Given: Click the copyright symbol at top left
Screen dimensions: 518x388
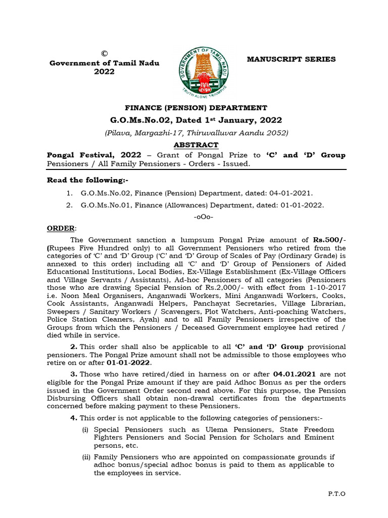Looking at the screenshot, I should coord(104,54).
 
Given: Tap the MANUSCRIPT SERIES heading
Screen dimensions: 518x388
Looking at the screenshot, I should coord(290,59).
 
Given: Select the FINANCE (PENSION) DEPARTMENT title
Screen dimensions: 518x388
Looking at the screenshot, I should coord(196,107).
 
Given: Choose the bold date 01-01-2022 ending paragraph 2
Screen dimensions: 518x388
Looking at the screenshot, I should coord(128,362).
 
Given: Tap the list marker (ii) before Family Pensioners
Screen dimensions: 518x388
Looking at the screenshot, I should coord(86,457).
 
